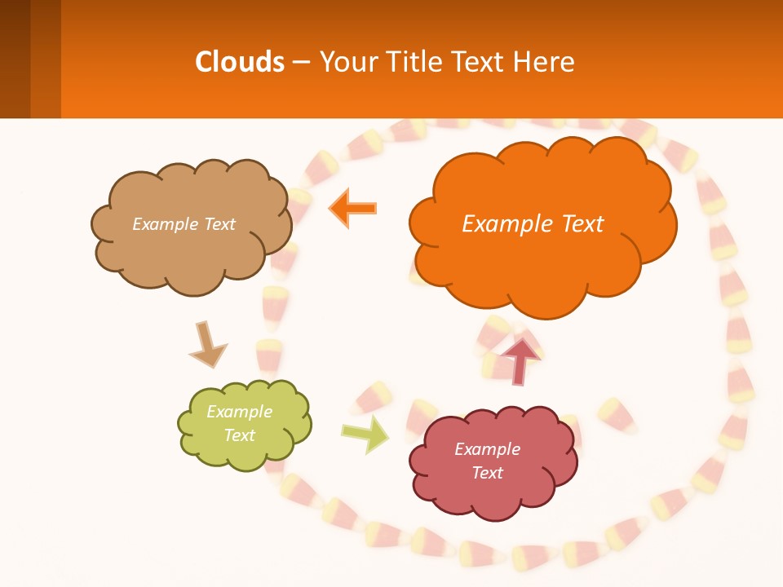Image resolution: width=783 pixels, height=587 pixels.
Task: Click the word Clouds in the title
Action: click(240, 62)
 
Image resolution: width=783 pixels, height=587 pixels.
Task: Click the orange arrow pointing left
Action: click(352, 209)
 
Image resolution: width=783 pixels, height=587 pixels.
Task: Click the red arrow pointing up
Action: click(520, 359)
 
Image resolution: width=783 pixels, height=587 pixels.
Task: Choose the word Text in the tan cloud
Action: click(219, 224)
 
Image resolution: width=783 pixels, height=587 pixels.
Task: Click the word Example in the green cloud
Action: click(239, 412)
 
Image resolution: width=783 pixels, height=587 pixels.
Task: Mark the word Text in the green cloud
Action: click(239, 435)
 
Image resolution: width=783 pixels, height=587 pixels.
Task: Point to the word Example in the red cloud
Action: click(487, 449)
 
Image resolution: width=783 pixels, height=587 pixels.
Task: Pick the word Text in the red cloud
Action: click(487, 473)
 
